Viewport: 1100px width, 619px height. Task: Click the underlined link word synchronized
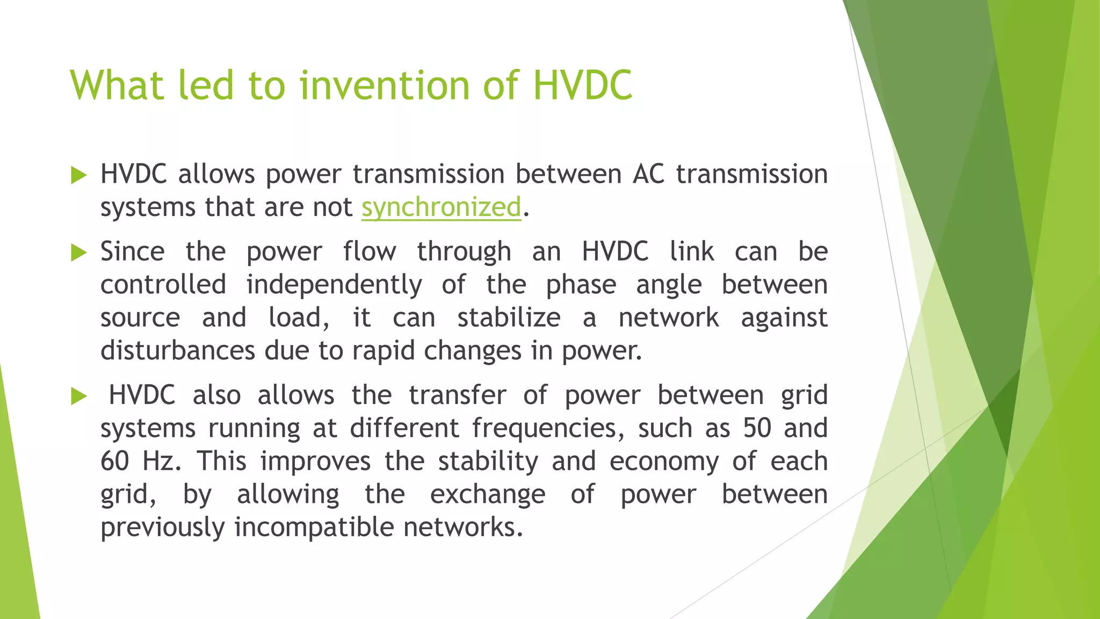[441, 207]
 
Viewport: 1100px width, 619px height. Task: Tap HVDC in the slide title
[583, 85]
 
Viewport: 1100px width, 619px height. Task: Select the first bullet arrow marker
[78, 175]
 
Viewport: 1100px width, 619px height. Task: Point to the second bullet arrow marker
[78, 253]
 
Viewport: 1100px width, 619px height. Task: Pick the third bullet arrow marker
[78, 397]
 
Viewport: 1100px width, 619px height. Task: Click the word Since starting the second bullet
[132, 251]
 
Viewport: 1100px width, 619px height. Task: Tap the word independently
[334, 285]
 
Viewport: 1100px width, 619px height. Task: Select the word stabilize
[509, 318]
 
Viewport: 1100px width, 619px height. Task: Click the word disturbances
[177, 351]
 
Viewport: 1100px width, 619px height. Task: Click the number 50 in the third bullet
[757, 428]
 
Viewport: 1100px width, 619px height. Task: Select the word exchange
[487, 494]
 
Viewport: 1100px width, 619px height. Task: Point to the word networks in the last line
[463, 527]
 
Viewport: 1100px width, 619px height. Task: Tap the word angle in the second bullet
[669, 285]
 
